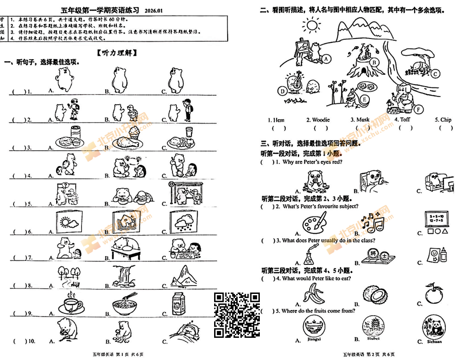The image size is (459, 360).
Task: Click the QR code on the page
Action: tap(237, 315)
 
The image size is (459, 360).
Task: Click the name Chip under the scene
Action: tap(446, 120)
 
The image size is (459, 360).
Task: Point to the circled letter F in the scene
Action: tap(418, 109)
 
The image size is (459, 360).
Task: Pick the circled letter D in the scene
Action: tap(283, 91)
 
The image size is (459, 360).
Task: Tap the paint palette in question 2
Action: tap(314, 224)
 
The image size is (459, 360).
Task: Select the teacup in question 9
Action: tap(71, 304)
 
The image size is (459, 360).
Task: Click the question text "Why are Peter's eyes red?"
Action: tap(312, 162)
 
